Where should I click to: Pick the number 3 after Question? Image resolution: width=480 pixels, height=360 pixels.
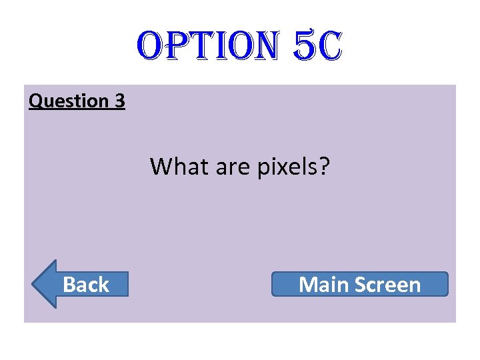[x=119, y=101]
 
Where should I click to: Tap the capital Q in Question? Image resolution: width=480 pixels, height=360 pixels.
[x=35, y=101]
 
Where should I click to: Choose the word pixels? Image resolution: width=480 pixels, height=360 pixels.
[x=287, y=167]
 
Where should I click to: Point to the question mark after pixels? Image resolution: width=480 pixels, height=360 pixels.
[x=325, y=166]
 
